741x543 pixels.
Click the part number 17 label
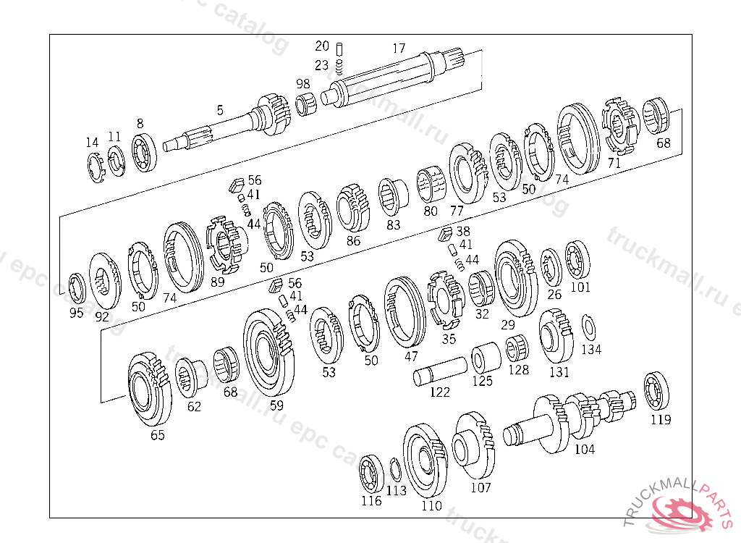(x=399, y=49)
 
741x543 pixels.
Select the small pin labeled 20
(x=339, y=49)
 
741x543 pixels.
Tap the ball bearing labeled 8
(x=144, y=153)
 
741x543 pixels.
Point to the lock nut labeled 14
(x=96, y=167)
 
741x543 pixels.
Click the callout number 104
(x=585, y=449)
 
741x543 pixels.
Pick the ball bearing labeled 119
(x=656, y=390)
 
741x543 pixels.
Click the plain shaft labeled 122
(x=440, y=371)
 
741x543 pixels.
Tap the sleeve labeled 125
(x=486, y=358)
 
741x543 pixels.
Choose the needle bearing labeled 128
(x=517, y=348)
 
